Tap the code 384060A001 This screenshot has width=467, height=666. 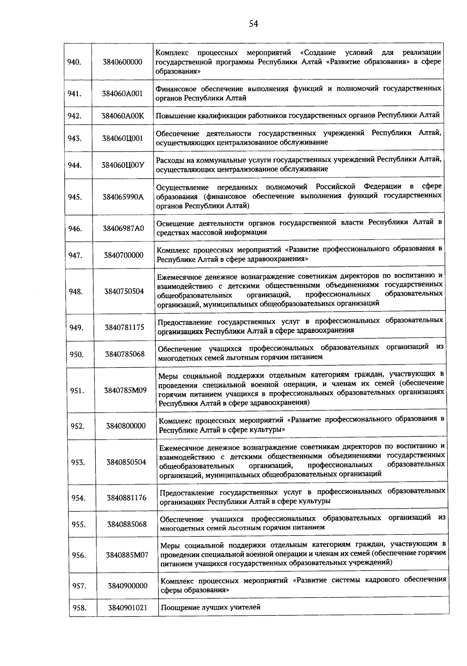pyautogui.click(x=123, y=93)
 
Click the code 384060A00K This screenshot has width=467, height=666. pyautogui.click(x=123, y=116)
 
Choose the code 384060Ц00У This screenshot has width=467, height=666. pyautogui.click(x=123, y=165)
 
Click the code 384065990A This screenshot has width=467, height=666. pyautogui.click(x=123, y=197)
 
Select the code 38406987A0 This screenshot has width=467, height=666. pyautogui.click(x=123, y=228)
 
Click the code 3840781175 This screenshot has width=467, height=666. pyautogui.click(x=124, y=327)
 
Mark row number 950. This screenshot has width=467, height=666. pyautogui.click(x=76, y=354)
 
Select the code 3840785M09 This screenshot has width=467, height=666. pyautogui.click(x=125, y=390)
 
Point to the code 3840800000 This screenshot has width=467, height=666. pyautogui.click(x=126, y=426)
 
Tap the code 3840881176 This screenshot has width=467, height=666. pyautogui.click(x=127, y=498)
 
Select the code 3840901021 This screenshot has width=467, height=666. pyautogui.click(x=128, y=608)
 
